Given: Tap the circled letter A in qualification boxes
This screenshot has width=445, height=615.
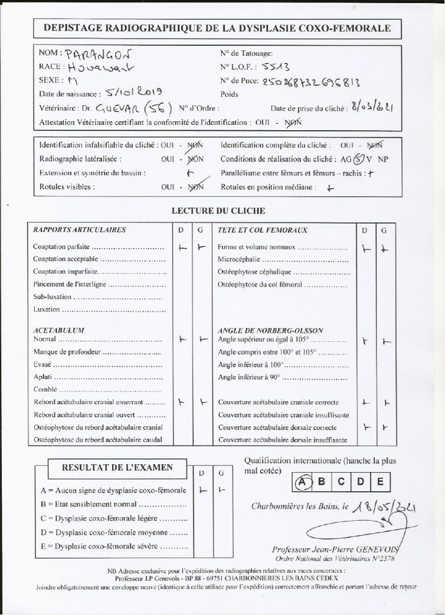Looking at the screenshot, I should (x=303, y=481).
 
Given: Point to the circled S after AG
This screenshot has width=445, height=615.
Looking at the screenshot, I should (x=358, y=160).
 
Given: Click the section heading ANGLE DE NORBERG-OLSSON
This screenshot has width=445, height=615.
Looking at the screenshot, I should (x=271, y=330).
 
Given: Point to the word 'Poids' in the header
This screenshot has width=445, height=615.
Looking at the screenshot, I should (x=230, y=94).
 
